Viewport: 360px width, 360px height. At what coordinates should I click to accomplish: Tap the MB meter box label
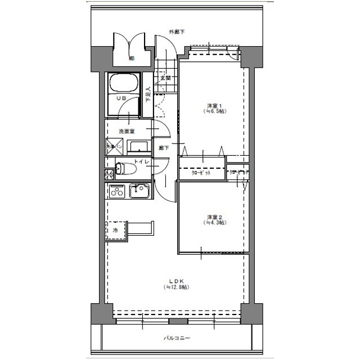coord(132,58)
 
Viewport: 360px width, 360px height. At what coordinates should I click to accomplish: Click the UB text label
coord(120,98)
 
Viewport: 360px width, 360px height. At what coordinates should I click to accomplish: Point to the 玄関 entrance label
coord(165,78)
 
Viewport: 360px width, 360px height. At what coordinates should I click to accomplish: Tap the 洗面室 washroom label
coord(127,132)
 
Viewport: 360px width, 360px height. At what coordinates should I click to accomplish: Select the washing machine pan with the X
coord(115,147)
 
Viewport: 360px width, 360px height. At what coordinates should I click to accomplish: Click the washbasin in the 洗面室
coord(139,147)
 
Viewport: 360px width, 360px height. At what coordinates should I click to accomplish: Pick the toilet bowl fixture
coord(124,168)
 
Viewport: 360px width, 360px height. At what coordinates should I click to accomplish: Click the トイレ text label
coord(141,162)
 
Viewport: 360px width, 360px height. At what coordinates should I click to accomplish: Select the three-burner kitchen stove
coord(117,191)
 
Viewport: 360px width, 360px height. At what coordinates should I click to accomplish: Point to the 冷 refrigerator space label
coord(115,231)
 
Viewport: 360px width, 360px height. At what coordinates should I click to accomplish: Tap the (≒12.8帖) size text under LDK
coord(177,287)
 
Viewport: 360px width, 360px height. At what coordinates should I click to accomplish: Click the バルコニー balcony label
coord(177,339)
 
